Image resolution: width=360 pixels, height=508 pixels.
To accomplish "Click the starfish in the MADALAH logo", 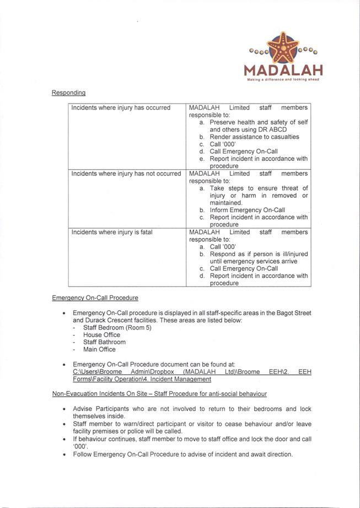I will [x=283, y=48].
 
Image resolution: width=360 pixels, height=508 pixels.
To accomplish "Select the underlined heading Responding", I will [x=68, y=93].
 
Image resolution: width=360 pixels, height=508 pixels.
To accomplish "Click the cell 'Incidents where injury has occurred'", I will [x=121, y=108].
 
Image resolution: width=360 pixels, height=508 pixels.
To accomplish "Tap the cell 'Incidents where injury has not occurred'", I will [x=126, y=174].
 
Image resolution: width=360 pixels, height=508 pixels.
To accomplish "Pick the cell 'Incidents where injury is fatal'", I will [x=112, y=232].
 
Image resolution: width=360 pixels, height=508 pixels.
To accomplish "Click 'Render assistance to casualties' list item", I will [x=254, y=137].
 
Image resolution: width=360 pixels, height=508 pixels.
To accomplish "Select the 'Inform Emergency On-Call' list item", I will [x=247, y=210].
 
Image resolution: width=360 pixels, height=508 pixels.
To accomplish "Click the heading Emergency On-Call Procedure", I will [x=95, y=298].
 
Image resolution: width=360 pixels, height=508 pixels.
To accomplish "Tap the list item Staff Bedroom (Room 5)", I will [x=117, y=327].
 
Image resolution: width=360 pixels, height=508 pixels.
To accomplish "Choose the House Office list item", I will [x=101, y=334].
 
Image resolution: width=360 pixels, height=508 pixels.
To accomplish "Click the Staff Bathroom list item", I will [x=104, y=342].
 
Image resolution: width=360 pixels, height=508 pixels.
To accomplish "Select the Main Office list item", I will [x=99, y=349].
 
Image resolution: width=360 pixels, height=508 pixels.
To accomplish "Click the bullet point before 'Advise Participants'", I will [x=65, y=409].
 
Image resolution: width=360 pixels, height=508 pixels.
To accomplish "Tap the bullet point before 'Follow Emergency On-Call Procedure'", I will [x=65, y=455].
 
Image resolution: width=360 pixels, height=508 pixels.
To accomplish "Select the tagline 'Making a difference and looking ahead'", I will [x=283, y=79].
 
